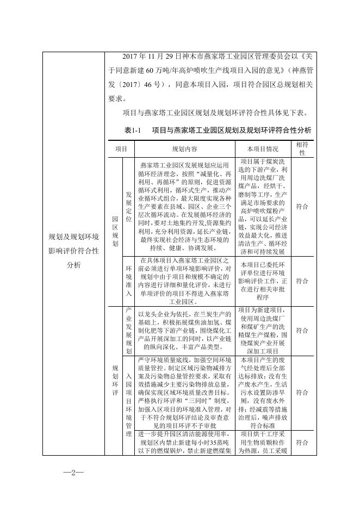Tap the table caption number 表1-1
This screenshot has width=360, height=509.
click(133, 131)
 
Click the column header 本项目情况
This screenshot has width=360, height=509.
click(262, 148)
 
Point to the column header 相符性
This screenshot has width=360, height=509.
click(302, 148)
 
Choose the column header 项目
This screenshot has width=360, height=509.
click(121, 148)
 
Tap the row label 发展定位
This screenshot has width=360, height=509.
click(128, 206)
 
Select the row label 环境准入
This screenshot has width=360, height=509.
click(128, 281)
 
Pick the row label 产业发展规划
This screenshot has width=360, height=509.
click(128, 330)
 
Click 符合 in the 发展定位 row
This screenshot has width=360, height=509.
click(302, 207)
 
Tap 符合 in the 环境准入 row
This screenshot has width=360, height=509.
click(302, 281)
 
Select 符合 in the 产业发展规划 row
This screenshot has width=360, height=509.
click(302, 330)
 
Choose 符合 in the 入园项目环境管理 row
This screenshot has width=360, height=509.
click(302, 392)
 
